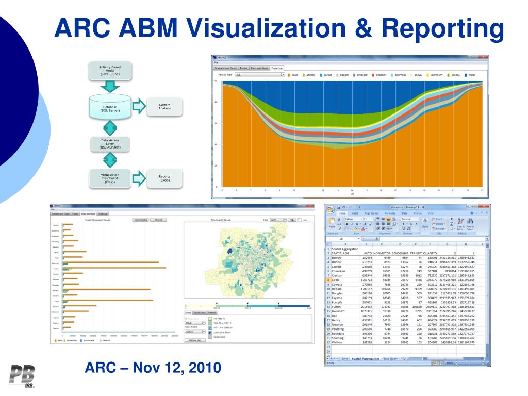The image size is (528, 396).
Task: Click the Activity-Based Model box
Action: [110, 71]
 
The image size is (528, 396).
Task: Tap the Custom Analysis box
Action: [164, 106]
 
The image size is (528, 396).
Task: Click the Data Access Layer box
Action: [110, 143]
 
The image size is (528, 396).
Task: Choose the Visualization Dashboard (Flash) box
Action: [110, 178]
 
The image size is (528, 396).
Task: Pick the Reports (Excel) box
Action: [164, 178]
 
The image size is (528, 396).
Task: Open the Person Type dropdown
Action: [260, 75]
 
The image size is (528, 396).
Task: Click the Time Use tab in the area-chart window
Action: [277, 68]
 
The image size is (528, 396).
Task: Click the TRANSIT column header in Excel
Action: [416, 253]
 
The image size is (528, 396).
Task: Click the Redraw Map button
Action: [194, 340]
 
